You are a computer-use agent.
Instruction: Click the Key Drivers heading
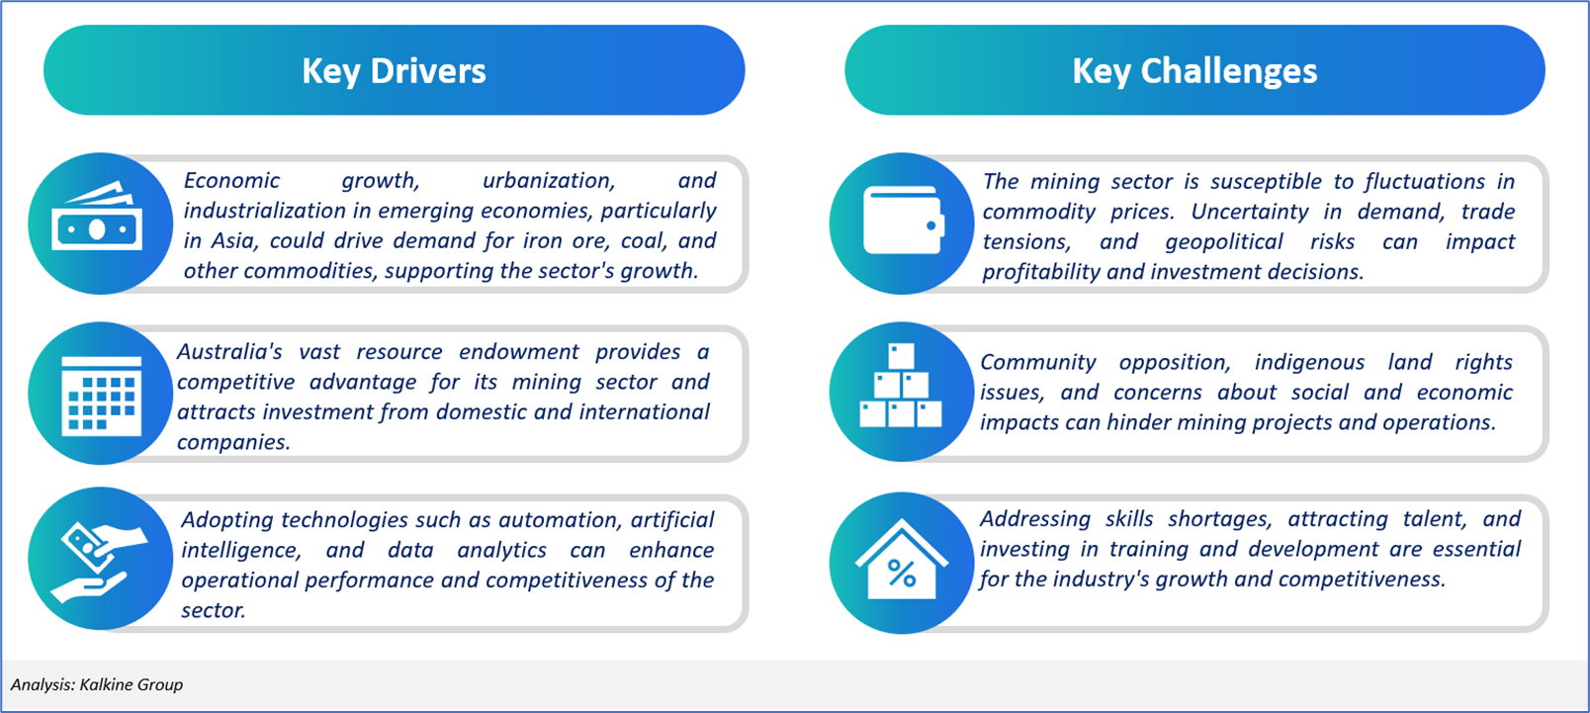394,71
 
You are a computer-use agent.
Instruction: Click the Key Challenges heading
1194,71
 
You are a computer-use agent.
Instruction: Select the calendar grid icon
102,395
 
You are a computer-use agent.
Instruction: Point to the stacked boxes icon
901,386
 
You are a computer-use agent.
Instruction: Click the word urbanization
549,180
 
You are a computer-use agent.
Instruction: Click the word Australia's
229,351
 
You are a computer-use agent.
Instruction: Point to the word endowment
519,351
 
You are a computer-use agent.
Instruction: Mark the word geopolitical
1224,242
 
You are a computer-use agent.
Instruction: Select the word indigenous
1309,362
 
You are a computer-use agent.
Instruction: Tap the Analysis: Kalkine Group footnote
97,684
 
